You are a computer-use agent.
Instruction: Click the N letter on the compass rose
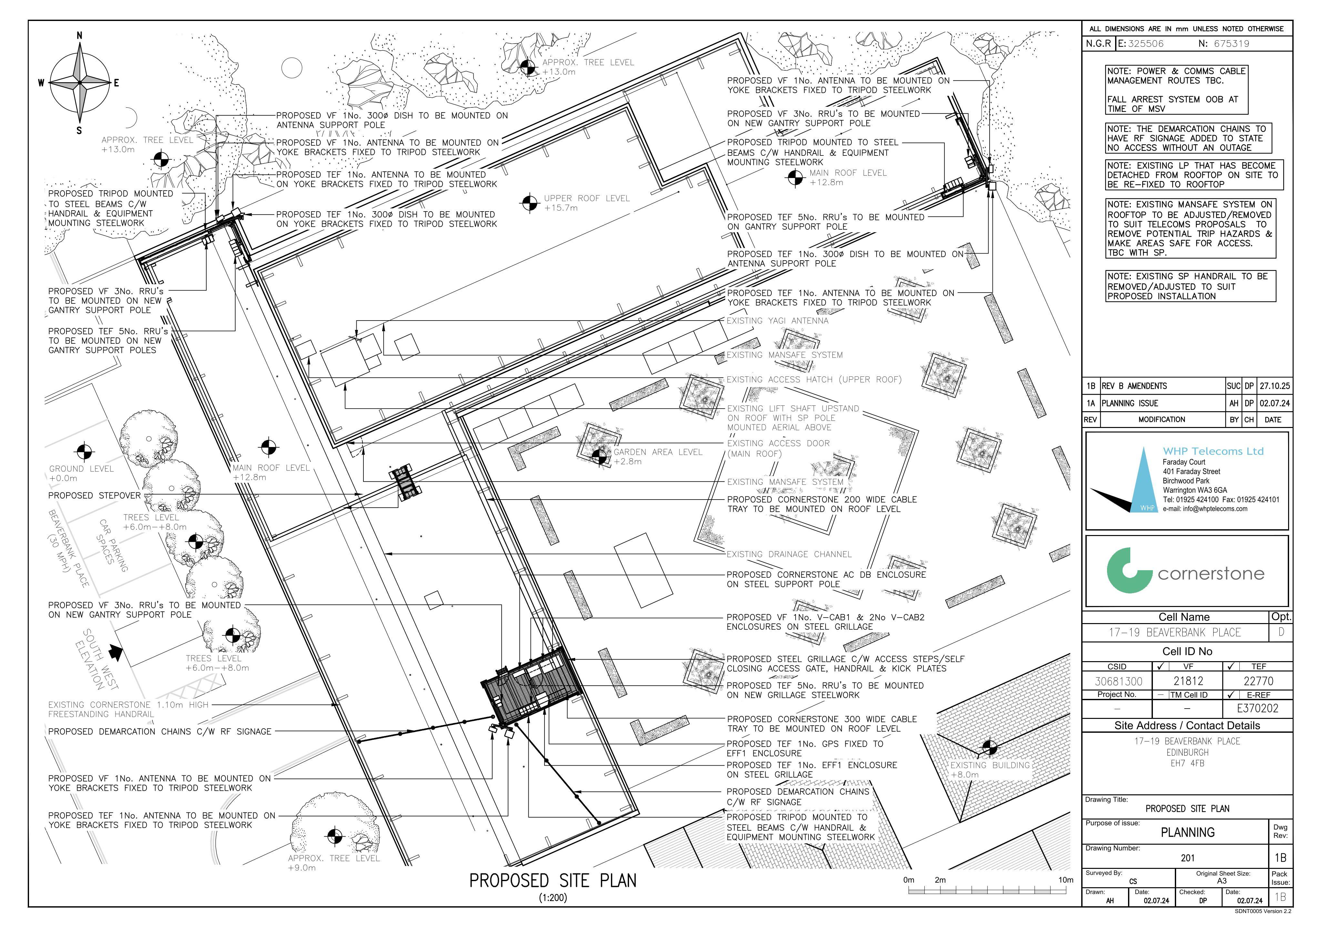point(79,36)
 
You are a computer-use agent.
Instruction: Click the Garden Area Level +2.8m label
point(657,457)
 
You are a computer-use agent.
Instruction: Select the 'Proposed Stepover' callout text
point(95,495)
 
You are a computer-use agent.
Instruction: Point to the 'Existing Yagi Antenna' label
point(777,321)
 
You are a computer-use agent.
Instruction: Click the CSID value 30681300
point(1118,681)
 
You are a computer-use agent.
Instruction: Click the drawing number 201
point(1187,858)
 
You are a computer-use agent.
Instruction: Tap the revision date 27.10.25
point(1275,386)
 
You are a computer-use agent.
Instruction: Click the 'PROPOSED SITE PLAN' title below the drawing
point(553,881)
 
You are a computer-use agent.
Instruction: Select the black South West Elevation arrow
point(116,651)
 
